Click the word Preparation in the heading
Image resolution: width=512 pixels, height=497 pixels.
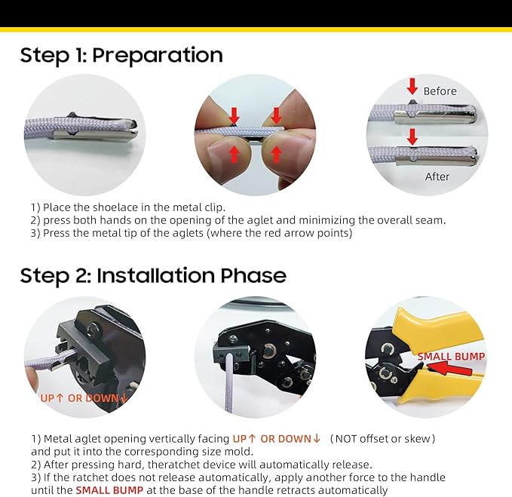coord(158,55)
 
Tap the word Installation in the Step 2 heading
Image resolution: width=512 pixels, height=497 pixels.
coord(156,275)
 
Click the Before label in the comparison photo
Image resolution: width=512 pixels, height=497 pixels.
coord(440,91)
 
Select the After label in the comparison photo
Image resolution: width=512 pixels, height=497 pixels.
coord(437,176)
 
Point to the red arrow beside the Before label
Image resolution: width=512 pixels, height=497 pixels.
coord(412,87)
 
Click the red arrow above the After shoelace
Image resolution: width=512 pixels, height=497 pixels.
coord(412,137)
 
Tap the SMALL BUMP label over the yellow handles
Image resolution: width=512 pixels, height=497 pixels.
coord(451,356)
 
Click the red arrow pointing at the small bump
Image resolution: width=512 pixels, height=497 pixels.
coord(449,369)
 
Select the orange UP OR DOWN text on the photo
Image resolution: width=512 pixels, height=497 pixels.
coord(84,398)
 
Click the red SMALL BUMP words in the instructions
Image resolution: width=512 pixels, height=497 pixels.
coord(109,490)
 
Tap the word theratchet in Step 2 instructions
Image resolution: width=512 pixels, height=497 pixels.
coord(185,465)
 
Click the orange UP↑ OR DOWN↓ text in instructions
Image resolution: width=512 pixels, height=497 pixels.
coord(276,438)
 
